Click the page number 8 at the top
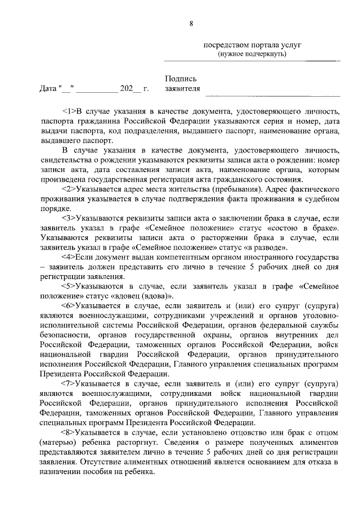tap(191, 23)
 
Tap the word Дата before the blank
tap(48, 89)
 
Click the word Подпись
tap(181, 80)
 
